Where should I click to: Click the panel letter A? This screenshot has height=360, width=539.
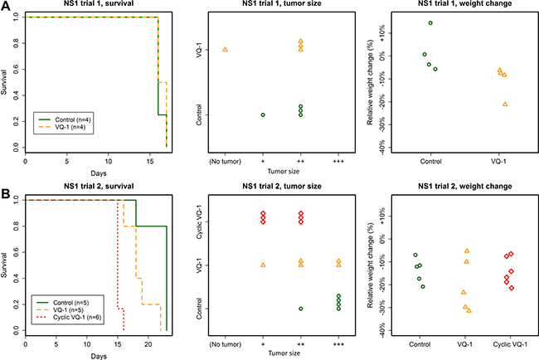click(x=7, y=8)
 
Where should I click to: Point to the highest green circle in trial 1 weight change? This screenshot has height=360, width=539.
click(x=430, y=23)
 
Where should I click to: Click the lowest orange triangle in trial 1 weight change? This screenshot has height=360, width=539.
click(x=505, y=105)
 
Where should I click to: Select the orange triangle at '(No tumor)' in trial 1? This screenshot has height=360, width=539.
click(x=226, y=50)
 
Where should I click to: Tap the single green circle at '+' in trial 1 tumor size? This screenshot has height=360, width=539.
click(x=263, y=115)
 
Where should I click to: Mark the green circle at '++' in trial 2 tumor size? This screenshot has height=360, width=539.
click(x=300, y=309)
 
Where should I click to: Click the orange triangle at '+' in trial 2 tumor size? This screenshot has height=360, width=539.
click(x=263, y=265)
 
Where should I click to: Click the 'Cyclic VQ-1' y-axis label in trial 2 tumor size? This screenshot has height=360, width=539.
click(x=197, y=221)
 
